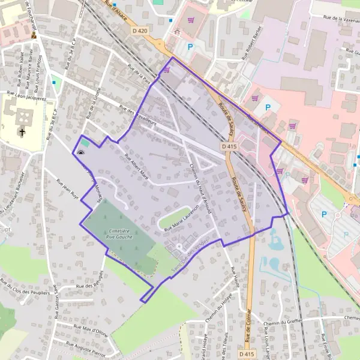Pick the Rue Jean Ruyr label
pos(67,188)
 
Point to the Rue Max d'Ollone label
pos(90,329)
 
